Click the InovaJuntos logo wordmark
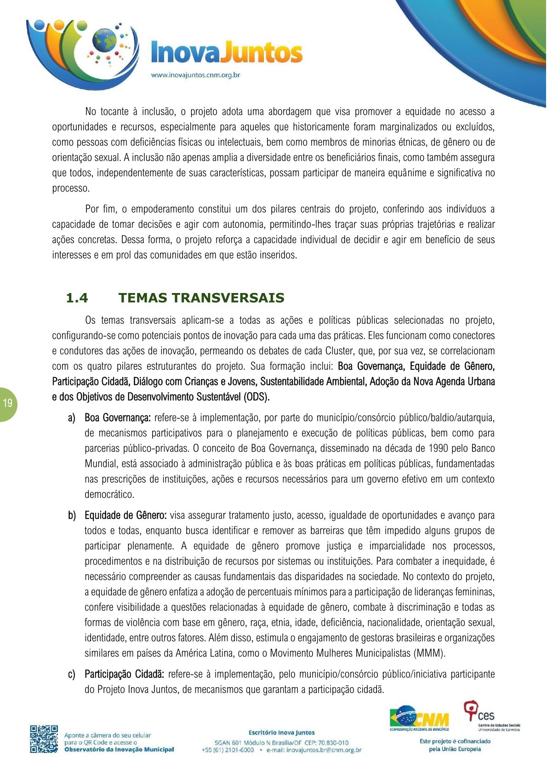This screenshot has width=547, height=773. click(x=227, y=52)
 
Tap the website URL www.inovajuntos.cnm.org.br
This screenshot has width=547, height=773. click(x=195, y=75)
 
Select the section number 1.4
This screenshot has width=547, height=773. click(x=77, y=298)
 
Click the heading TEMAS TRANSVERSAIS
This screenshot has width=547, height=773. click(x=201, y=298)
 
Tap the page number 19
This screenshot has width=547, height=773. click(x=7, y=404)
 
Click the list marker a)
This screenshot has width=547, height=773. click(x=71, y=418)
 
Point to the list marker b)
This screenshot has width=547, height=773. click(x=72, y=515)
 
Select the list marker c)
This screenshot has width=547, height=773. click(x=71, y=674)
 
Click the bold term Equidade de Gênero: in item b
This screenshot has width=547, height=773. click(x=125, y=515)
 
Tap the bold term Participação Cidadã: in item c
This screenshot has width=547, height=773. click(x=124, y=674)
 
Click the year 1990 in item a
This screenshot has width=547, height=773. click(x=439, y=448)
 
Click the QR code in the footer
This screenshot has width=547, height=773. click(x=44, y=739)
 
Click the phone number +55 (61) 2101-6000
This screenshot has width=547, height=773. click(x=228, y=750)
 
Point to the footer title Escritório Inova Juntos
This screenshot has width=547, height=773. click(x=281, y=733)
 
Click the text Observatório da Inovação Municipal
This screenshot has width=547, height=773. click(x=119, y=750)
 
